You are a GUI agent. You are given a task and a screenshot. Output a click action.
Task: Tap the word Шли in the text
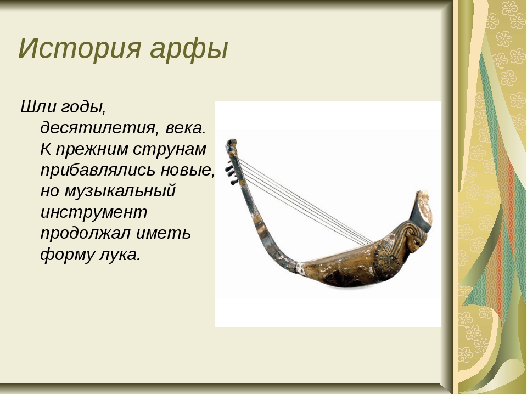(x=37, y=107)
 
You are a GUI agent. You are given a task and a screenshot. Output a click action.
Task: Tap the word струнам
(x=170, y=150)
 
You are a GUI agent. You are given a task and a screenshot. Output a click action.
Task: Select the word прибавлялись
(x=98, y=170)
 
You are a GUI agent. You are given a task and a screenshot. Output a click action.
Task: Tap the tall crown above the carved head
(x=421, y=211)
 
